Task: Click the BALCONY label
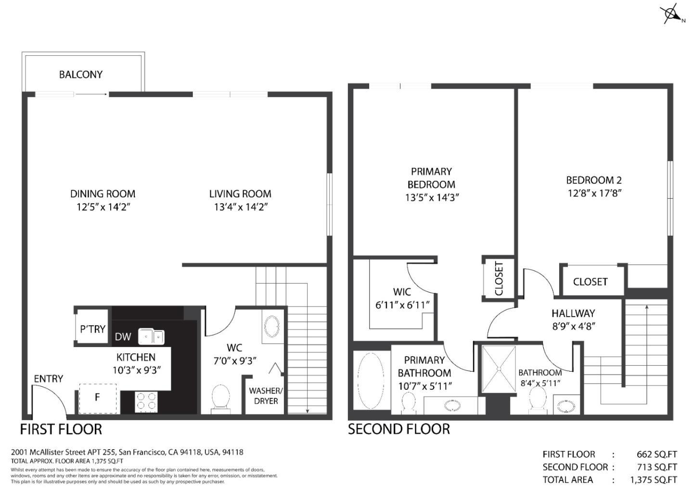point(80,75)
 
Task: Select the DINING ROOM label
point(103,194)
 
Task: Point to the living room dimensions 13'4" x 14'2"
point(240,207)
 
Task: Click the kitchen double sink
point(151,336)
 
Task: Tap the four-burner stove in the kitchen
point(147,402)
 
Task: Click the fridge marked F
point(98,398)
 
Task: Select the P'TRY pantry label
point(92,329)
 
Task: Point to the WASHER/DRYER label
point(266,396)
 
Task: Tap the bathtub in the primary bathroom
point(371,380)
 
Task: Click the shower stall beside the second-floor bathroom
point(499,369)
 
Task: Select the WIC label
point(402,292)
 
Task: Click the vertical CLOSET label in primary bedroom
point(499,279)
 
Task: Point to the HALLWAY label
point(573,313)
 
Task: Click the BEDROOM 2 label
point(594,181)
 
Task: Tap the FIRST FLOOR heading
point(61,429)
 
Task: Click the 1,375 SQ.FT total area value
point(653,479)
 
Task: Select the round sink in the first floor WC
point(272,326)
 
